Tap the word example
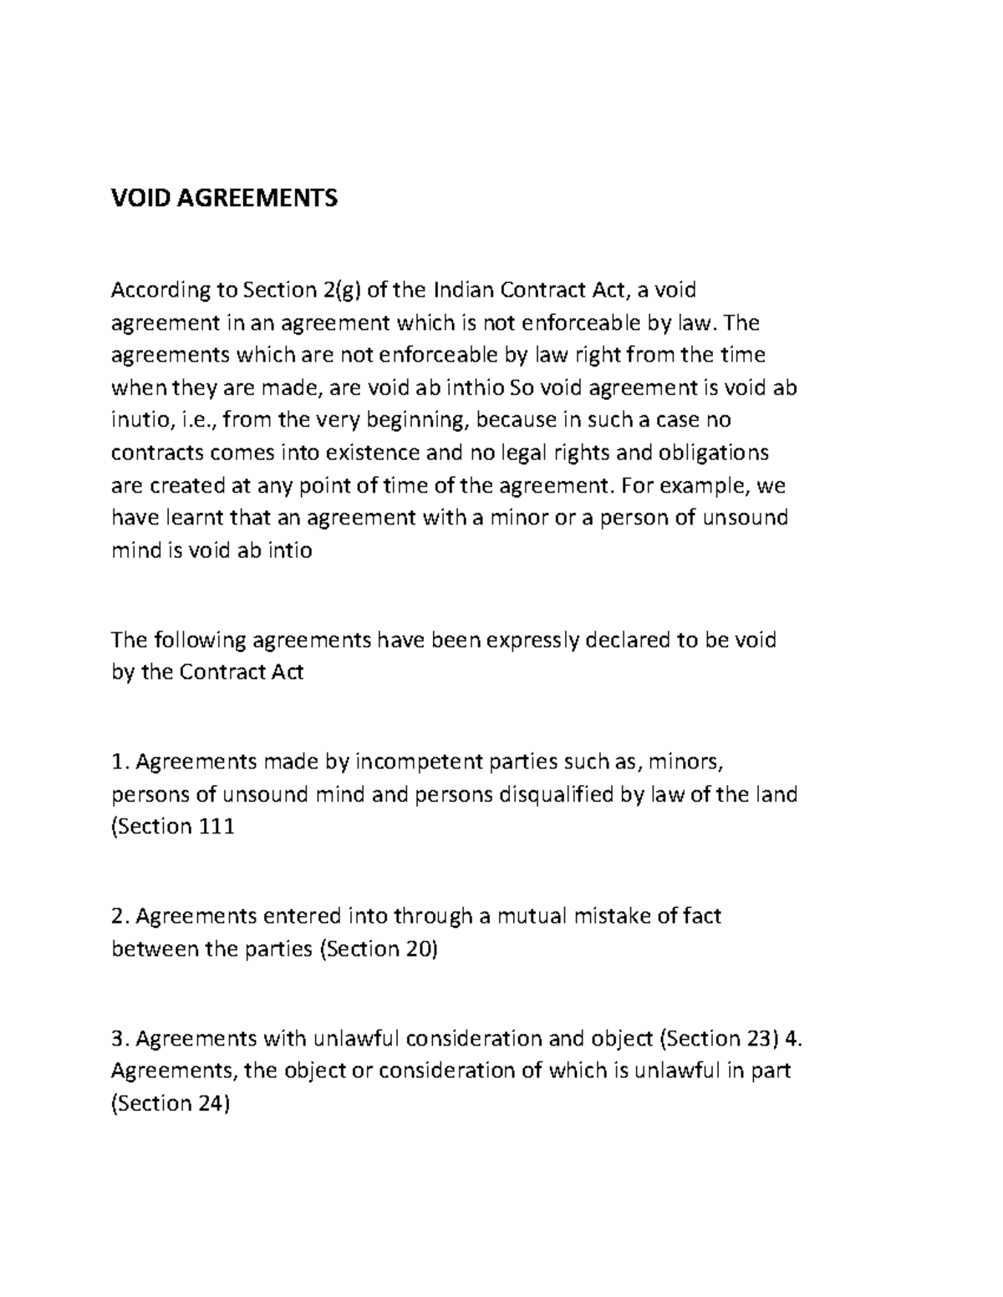point(715,485)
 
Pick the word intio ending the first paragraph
point(288,550)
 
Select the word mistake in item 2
point(612,916)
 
